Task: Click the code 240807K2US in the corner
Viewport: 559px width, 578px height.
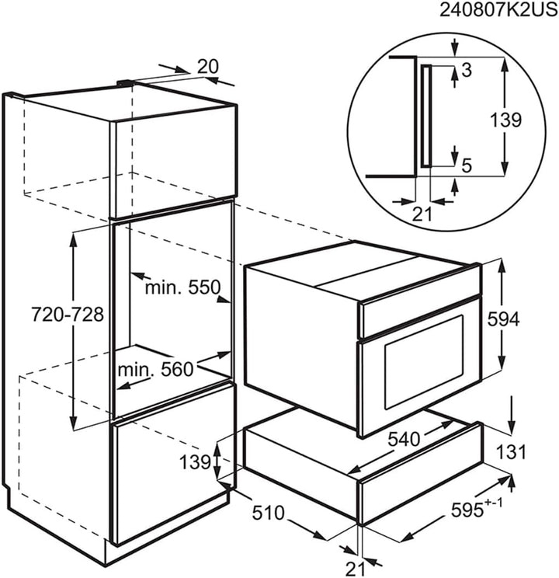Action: tap(499, 10)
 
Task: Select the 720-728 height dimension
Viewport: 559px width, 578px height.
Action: tap(68, 315)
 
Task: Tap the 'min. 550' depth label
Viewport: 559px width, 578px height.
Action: tap(182, 287)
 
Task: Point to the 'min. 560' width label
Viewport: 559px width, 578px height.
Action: tap(155, 369)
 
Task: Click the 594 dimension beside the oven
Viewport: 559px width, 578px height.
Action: tap(503, 319)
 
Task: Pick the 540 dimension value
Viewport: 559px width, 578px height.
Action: tap(404, 439)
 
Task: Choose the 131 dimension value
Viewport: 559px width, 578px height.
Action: tap(512, 452)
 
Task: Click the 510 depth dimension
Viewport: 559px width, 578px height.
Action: tap(269, 513)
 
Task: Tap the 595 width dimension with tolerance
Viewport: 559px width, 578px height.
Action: tap(476, 509)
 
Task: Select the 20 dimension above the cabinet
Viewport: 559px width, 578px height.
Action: tap(208, 67)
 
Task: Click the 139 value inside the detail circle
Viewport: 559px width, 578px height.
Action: tap(505, 120)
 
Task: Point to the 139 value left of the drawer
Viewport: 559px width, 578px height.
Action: tap(195, 461)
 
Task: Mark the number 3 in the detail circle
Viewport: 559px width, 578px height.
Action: tap(467, 70)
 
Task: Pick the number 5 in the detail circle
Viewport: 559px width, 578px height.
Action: tap(467, 166)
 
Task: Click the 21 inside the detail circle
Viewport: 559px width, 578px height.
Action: tap(422, 214)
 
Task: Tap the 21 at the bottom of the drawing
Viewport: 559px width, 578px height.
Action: tap(356, 568)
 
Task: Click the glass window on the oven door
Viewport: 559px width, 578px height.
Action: tap(424, 362)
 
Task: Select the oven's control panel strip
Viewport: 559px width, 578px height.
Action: tap(421, 316)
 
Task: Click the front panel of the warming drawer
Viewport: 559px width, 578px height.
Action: tap(421, 491)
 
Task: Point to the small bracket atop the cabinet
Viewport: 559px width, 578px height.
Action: tap(125, 84)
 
